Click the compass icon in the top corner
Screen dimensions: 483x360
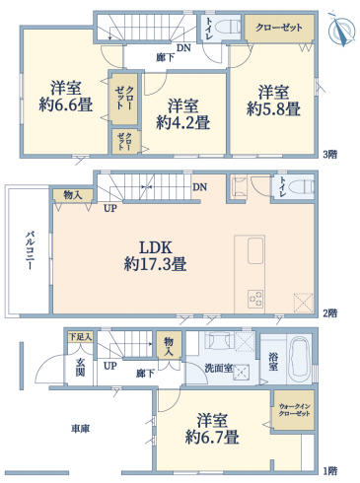(x=340, y=32)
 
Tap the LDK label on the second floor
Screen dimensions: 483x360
(x=157, y=246)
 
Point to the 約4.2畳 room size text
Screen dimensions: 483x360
(x=183, y=123)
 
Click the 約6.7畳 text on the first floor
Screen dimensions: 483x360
(x=212, y=436)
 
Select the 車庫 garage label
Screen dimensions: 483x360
(x=80, y=429)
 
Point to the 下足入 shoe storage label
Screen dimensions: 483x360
(x=80, y=337)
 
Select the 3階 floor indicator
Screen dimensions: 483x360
(x=331, y=154)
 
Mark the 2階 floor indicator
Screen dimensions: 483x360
(x=331, y=312)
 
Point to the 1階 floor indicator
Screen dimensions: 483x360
(x=331, y=471)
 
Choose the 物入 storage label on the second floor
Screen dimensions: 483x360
(x=72, y=196)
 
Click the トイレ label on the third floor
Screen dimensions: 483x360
(x=211, y=27)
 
